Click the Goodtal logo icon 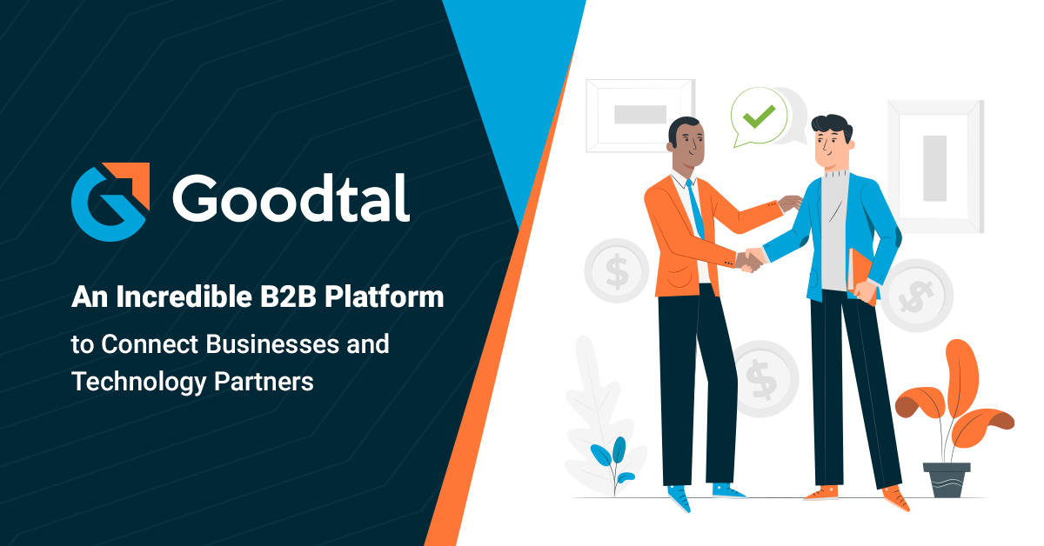tap(110, 201)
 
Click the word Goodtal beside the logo tap(291, 200)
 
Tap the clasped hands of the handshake tap(749, 258)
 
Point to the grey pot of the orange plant tap(947, 479)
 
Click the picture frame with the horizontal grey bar tap(640, 115)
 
